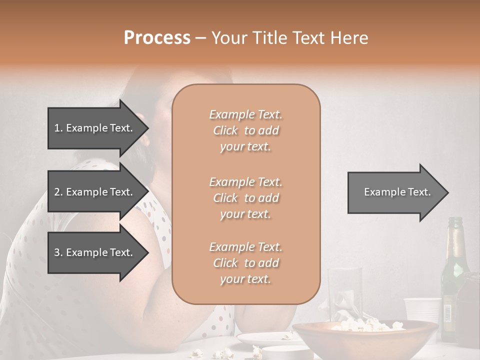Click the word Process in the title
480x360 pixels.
click(x=157, y=38)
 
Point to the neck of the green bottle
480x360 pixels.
click(x=455, y=235)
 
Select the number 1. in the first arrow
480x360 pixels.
click(x=58, y=128)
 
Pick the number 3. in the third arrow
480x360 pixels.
click(x=58, y=252)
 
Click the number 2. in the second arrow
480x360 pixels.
click(x=58, y=192)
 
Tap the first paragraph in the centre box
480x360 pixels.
click(x=246, y=130)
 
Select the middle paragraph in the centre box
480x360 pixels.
click(x=246, y=198)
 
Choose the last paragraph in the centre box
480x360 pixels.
click(x=246, y=263)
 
